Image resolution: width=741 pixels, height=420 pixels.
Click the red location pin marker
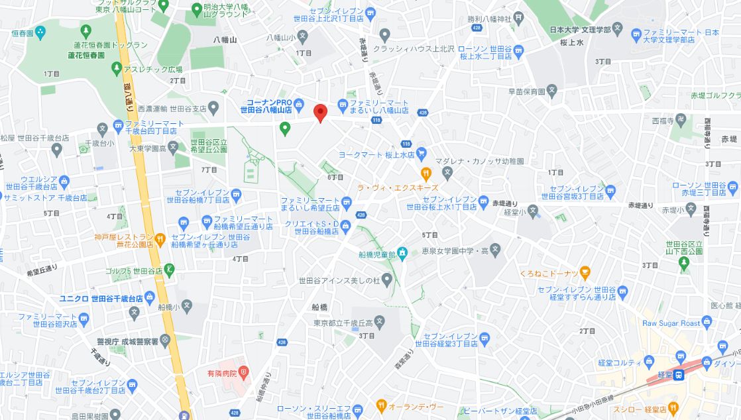[320, 113]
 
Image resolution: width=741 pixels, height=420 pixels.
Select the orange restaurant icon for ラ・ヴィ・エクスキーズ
[427, 174]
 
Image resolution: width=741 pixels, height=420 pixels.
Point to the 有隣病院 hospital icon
[243, 373]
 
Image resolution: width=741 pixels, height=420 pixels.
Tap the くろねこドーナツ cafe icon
[585, 272]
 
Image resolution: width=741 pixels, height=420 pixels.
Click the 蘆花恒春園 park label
[80, 55]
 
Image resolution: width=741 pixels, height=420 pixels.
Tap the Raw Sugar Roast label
[671, 323]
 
